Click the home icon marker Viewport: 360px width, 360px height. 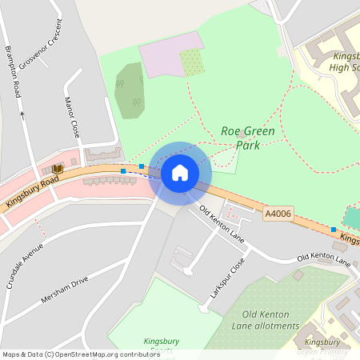tap(180, 173)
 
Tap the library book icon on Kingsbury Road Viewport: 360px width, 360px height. tap(57, 170)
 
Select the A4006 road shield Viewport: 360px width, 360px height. tap(278, 214)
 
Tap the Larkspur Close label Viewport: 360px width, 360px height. tap(226, 280)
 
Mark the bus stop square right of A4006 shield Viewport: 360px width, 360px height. tap(333, 230)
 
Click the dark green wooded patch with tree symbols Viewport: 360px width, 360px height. tap(130, 89)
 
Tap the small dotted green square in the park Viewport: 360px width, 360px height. tap(191, 62)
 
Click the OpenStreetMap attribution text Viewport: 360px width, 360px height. tap(80, 354)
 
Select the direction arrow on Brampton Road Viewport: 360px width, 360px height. tap(22, 114)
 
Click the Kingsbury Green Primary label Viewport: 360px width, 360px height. tap(328, 346)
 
